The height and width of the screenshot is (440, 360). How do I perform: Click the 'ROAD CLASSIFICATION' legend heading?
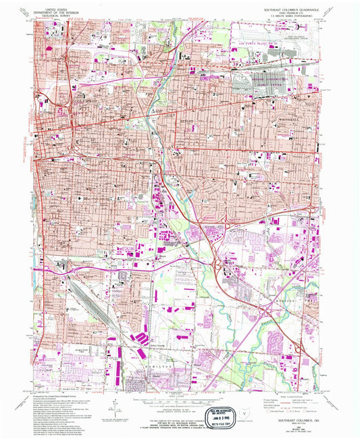(x=283, y=396)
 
